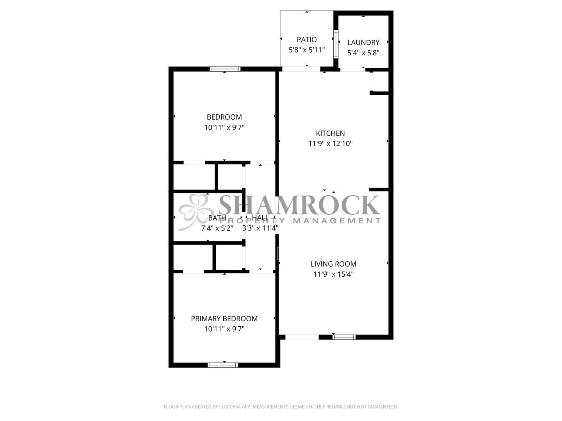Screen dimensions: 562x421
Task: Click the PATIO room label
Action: point(306,40)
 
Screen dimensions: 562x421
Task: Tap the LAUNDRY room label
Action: point(363,42)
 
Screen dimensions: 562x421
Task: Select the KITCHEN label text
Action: point(330,133)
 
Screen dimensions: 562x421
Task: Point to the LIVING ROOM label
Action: point(333,264)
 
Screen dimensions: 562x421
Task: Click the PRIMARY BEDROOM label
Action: point(224,318)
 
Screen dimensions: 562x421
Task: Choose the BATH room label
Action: point(217,218)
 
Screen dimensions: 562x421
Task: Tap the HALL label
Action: point(260,218)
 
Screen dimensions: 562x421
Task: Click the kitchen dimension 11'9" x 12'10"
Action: point(330,144)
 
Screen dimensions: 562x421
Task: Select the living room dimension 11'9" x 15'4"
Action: point(333,274)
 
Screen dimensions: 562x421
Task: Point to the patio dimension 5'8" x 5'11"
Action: point(307,50)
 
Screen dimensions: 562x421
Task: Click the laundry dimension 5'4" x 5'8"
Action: point(363,53)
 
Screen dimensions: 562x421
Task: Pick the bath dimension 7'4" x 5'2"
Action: point(217,228)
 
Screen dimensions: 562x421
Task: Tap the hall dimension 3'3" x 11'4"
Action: point(260,228)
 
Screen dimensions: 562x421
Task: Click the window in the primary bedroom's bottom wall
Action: point(222,365)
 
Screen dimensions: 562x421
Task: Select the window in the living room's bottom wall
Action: point(344,337)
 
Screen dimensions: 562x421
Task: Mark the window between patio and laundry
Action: point(336,44)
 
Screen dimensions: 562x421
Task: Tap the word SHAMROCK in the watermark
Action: point(299,205)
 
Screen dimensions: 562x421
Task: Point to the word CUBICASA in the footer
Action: point(230,407)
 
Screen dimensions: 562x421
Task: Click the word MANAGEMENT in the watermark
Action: point(337,221)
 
